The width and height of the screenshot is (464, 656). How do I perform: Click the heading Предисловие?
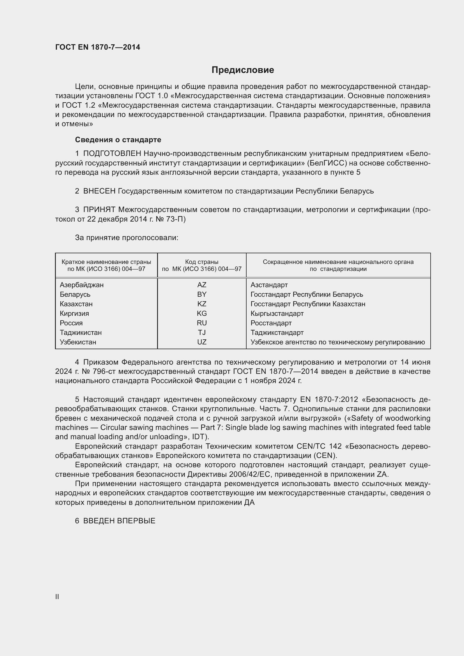243,70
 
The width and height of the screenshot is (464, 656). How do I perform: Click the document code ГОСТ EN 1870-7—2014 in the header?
98,47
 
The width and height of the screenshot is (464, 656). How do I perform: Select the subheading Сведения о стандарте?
118,140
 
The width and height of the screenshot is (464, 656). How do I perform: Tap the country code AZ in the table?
202,285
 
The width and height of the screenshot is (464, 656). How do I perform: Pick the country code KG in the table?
202,314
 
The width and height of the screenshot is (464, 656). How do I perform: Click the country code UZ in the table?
202,342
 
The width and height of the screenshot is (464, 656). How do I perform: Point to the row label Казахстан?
76,304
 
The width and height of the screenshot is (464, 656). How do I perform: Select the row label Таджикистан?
81,333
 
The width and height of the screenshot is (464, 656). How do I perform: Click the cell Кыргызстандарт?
277,314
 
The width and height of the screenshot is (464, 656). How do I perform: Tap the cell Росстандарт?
271,323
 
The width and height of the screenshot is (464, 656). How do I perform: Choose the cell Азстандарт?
269,285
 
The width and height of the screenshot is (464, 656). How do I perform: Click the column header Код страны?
202,262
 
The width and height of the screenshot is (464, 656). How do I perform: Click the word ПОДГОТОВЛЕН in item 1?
112,154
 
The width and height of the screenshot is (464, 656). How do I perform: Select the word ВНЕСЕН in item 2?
99,191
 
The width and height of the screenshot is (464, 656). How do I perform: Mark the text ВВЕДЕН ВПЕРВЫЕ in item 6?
119,521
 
